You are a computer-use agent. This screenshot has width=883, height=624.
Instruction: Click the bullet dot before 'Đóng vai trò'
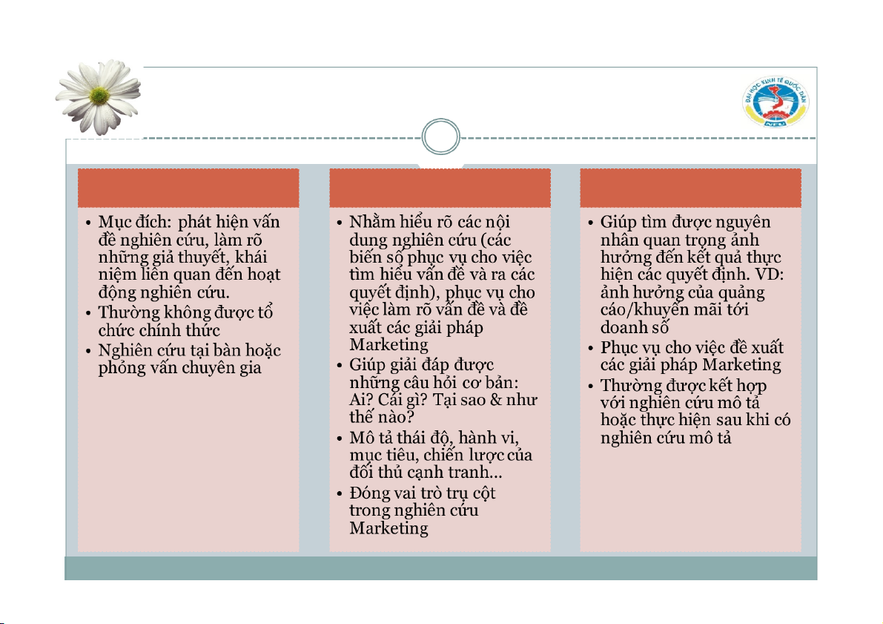point(338,494)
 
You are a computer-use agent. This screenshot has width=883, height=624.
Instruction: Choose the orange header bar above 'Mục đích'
point(188,188)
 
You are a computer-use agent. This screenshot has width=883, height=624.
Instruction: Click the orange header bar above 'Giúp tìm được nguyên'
point(690,188)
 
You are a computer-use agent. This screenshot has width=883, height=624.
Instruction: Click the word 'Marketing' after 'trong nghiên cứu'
point(388,528)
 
